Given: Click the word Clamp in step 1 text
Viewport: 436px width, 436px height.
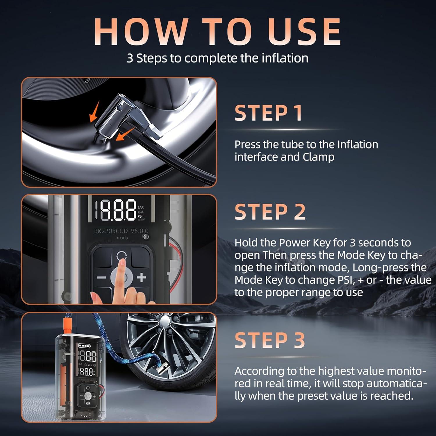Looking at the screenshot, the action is [319, 157].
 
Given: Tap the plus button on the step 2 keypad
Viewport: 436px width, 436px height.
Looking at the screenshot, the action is [142, 277].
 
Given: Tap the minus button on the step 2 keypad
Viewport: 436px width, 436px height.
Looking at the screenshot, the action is [101, 277].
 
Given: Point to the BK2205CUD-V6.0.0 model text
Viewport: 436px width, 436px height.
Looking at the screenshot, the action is [121, 231].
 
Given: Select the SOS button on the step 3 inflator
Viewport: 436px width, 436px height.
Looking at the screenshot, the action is [88, 404].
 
